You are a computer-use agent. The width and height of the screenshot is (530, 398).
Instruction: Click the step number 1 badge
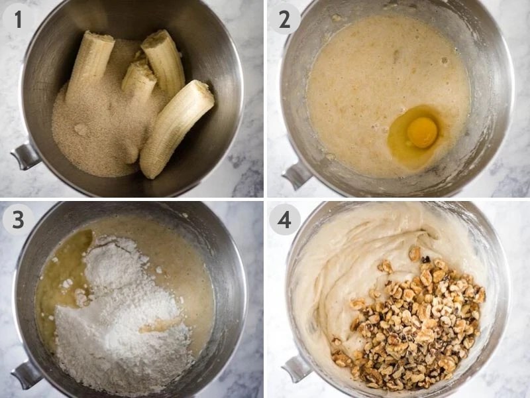coord(18,19)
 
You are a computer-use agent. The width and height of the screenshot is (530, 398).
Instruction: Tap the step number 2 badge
coord(284,19)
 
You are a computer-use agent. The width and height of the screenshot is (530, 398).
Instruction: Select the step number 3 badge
coord(18,219)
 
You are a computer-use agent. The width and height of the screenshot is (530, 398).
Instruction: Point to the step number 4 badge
coord(284,219)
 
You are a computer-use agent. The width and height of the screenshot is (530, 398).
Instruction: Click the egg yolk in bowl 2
coord(422,131)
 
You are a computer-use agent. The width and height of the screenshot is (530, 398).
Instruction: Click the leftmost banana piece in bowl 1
coord(91,63)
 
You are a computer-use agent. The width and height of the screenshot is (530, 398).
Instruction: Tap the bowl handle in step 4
coord(295,369)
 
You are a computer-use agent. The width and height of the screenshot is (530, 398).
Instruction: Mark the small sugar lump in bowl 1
coord(81,129)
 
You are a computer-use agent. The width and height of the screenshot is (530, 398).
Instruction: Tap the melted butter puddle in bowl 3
coord(56,279)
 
